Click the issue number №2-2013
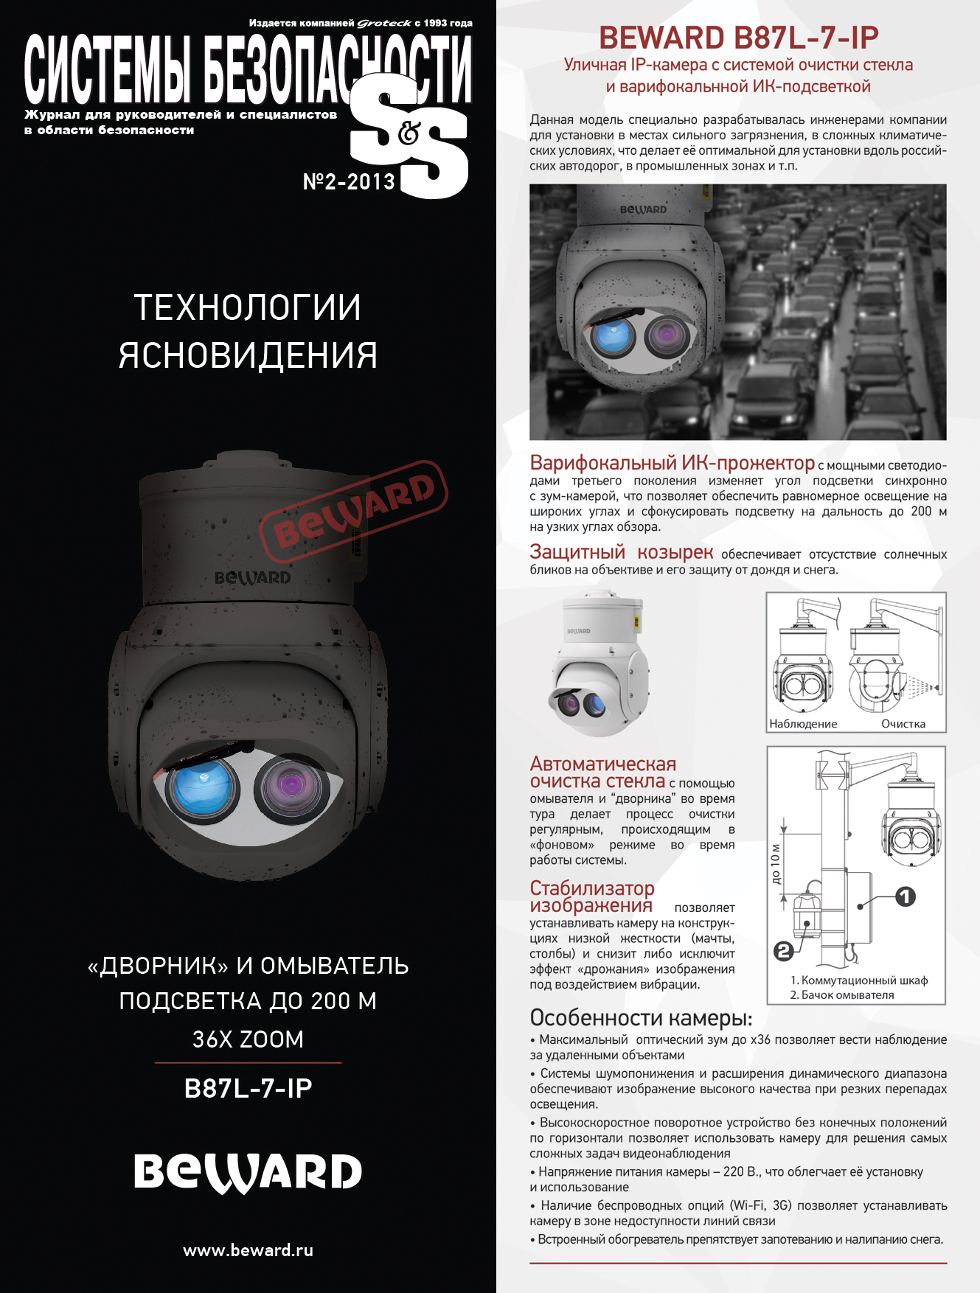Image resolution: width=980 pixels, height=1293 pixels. (x=349, y=181)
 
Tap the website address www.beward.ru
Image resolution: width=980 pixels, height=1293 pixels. (x=248, y=1250)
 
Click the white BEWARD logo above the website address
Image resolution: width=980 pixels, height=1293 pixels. (x=248, y=1173)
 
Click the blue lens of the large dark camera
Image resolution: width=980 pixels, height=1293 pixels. (x=202, y=788)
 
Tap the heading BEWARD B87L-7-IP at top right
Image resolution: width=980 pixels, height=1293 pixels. (x=738, y=37)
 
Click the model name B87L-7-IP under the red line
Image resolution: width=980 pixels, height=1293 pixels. (x=248, y=1088)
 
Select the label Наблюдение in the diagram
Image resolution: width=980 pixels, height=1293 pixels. (x=803, y=724)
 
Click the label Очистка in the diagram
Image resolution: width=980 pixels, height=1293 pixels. (x=903, y=724)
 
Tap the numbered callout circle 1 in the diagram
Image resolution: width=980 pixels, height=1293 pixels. (x=906, y=896)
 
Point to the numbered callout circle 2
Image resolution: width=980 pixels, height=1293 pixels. (x=784, y=951)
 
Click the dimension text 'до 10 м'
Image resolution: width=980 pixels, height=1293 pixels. (x=775, y=865)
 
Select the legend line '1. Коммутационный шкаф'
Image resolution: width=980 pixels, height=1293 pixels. (x=859, y=980)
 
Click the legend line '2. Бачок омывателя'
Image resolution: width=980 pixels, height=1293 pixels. (x=842, y=995)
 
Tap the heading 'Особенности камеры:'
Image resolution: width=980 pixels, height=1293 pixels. (x=641, y=1018)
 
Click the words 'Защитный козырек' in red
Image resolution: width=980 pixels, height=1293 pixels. (x=622, y=552)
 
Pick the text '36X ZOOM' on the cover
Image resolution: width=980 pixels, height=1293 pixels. (x=248, y=1039)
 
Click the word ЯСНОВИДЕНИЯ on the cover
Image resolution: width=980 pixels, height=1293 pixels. (x=248, y=355)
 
